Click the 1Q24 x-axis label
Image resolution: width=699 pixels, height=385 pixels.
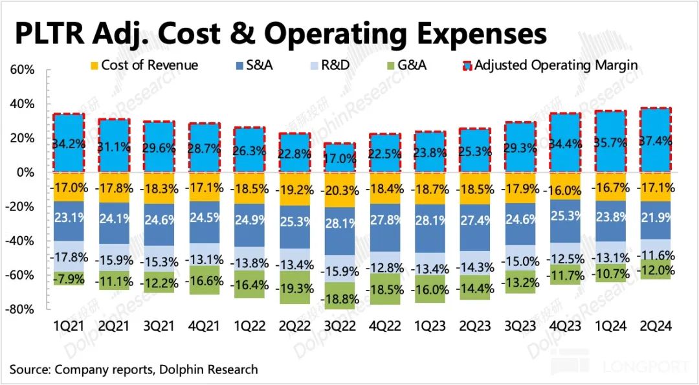610,326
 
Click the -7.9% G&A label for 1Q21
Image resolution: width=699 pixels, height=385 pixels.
69,280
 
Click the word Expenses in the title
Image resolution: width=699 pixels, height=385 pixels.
471,33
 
